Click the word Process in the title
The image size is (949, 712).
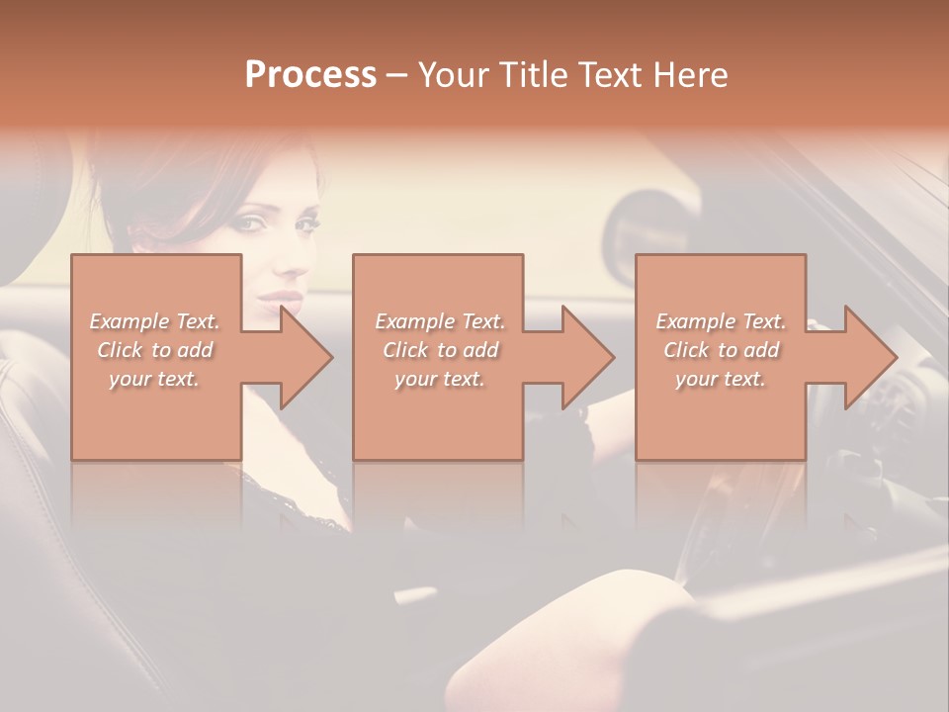310,75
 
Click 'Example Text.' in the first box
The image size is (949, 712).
154,321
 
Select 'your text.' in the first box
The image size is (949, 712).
154,379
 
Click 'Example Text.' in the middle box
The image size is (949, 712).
439,321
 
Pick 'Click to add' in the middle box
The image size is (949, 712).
440,350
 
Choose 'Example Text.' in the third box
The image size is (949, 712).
721,321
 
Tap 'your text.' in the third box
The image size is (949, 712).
721,379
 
